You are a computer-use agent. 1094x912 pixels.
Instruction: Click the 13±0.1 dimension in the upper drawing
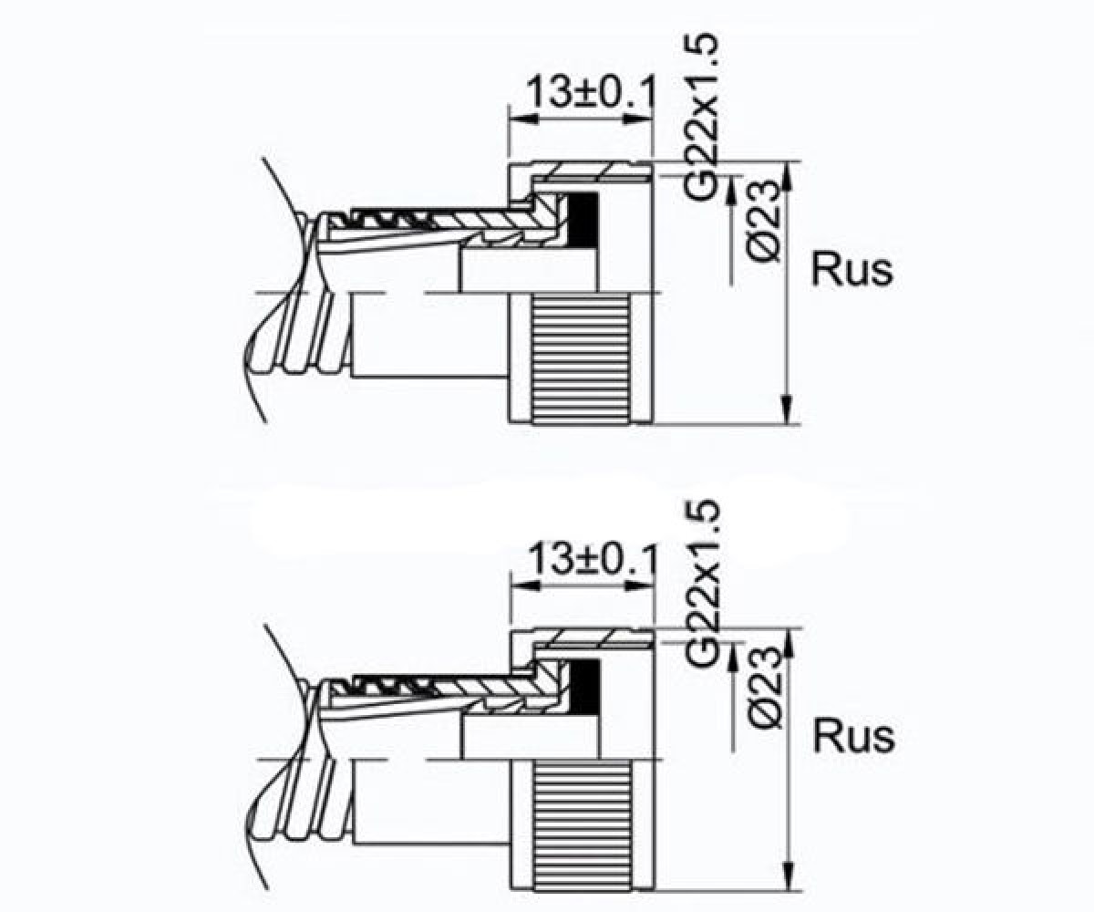(x=591, y=93)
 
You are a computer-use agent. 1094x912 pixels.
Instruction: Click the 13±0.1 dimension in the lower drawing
(x=592, y=560)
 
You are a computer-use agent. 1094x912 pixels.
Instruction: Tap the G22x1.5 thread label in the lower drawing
(x=703, y=586)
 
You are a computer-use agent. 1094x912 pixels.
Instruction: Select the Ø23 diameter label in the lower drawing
(x=765, y=687)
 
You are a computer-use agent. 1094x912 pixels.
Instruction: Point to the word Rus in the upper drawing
(x=851, y=269)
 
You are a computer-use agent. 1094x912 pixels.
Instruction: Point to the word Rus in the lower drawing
(x=853, y=736)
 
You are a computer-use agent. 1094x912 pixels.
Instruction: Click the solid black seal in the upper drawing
(x=583, y=220)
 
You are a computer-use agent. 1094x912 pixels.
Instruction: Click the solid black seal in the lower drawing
(x=584, y=687)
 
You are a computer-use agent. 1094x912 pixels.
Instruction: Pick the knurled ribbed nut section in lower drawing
(x=583, y=826)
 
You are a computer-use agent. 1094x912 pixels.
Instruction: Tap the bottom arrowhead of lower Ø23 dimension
(x=788, y=876)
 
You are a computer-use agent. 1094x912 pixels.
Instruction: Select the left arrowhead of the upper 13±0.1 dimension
(x=524, y=119)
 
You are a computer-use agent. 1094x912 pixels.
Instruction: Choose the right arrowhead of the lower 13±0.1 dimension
(x=640, y=587)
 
